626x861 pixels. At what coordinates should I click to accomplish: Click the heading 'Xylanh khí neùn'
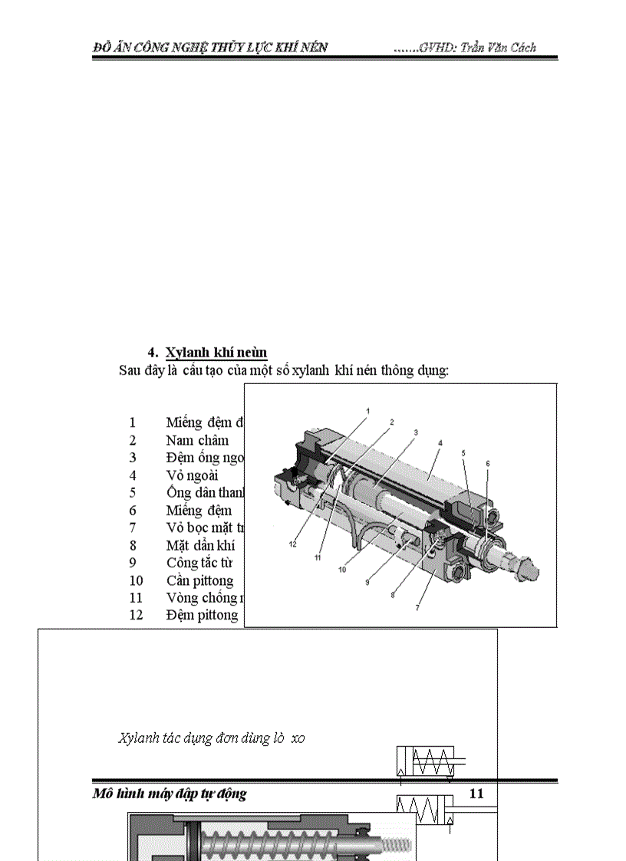(x=216, y=353)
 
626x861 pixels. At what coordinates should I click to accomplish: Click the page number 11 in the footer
(x=476, y=794)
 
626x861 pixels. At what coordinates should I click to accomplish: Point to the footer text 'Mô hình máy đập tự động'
(x=170, y=794)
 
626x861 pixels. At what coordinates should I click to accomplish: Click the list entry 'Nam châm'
(x=197, y=440)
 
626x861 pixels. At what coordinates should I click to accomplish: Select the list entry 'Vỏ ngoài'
(x=192, y=475)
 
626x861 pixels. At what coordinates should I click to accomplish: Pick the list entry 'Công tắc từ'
(x=199, y=562)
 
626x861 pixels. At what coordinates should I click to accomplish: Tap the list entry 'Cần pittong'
(x=199, y=580)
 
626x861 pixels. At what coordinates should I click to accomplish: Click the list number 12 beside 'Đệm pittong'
(x=136, y=614)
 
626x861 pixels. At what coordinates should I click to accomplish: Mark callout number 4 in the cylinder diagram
(x=440, y=443)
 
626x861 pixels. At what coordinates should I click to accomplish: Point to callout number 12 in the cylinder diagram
(x=292, y=544)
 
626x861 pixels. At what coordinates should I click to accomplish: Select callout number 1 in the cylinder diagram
(x=367, y=411)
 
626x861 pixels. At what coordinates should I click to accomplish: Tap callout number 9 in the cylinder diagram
(x=367, y=583)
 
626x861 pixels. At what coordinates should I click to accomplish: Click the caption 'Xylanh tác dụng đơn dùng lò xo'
(x=212, y=738)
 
